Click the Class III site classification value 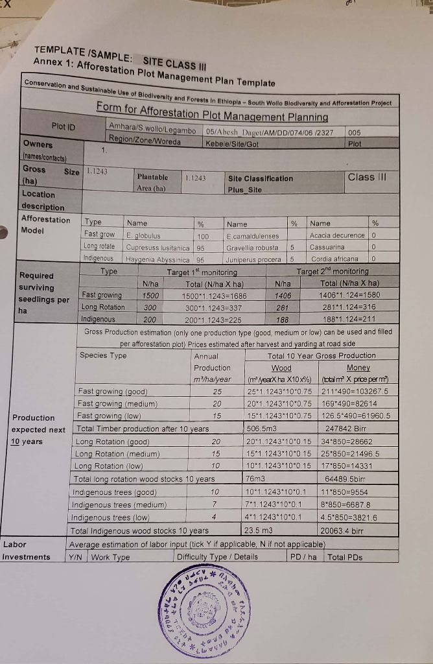point(366,176)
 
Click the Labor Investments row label point(26,551)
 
